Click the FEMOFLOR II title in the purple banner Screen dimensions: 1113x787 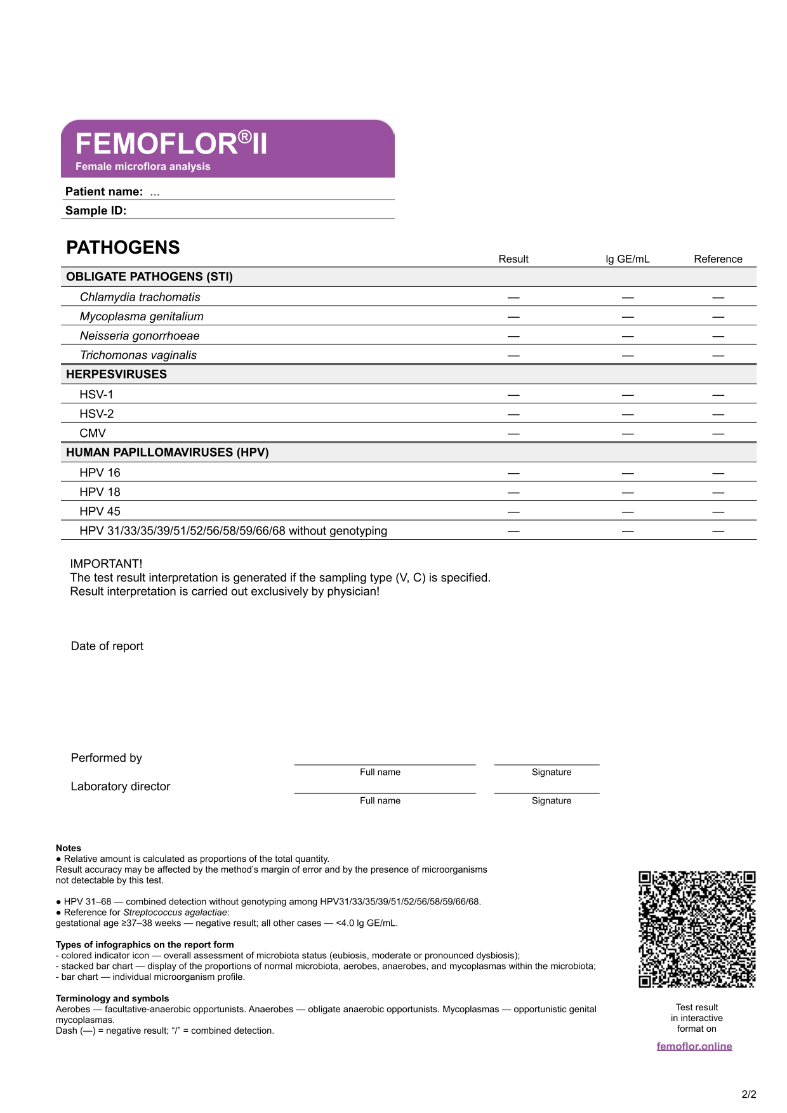[x=171, y=144]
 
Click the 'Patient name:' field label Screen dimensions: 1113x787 [x=104, y=192]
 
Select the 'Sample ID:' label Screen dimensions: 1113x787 [x=96, y=211]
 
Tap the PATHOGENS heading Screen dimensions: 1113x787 [x=123, y=247]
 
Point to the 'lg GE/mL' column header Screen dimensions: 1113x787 [x=627, y=259]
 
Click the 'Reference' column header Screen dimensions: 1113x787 [x=718, y=259]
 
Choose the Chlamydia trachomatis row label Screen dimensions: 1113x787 [x=140, y=297]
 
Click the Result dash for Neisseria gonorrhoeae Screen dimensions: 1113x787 [x=513, y=336]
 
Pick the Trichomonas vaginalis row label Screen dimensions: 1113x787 [x=138, y=355]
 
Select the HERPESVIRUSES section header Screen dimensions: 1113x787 [x=117, y=374]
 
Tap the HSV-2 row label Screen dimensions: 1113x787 [x=96, y=413]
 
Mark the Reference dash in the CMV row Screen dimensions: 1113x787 [x=718, y=434]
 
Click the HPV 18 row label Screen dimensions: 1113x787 [x=100, y=491]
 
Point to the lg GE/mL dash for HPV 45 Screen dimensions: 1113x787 [x=628, y=512]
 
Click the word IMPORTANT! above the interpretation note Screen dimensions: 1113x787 [x=106, y=564]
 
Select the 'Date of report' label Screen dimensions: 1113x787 [x=107, y=646]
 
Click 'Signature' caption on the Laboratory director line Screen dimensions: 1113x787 [x=552, y=800]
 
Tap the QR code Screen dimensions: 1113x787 [x=697, y=929]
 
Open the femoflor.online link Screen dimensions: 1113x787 [x=694, y=1046]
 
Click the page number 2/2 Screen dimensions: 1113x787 [x=749, y=1094]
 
